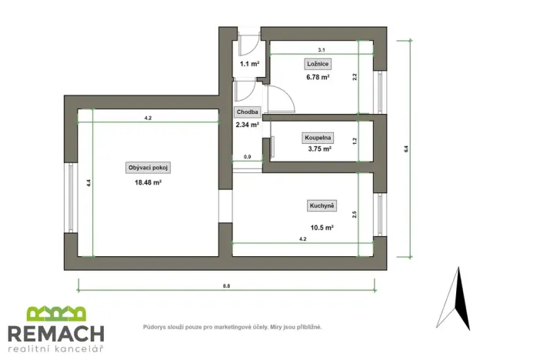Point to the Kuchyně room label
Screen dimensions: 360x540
(321, 205)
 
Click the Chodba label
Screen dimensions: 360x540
(247, 112)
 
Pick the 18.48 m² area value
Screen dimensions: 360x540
(148, 182)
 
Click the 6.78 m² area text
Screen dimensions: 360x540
(315, 77)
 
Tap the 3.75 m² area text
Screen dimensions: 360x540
(318, 149)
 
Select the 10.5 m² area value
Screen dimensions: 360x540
(321, 228)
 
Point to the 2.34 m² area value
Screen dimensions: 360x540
(247, 123)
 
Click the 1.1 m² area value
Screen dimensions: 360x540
(248, 64)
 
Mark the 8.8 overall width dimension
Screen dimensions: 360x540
(226, 285)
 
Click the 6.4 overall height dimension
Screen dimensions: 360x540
(407, 150)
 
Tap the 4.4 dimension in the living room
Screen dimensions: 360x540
(89, 182)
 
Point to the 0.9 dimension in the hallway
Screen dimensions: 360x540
(247, 157)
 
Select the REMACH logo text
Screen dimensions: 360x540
(55, 333)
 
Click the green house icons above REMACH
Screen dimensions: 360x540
(56, 314)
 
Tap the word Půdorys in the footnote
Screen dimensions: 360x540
(155, 327)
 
